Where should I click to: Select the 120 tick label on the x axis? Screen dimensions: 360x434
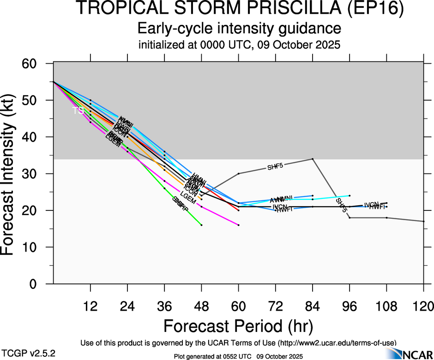[423, 306]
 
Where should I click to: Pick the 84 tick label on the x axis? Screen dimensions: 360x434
[313, 306]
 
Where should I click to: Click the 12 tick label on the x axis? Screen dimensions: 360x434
[90, 306]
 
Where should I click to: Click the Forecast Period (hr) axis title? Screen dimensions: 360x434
[238, 326]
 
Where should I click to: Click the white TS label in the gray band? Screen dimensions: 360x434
[78, 110]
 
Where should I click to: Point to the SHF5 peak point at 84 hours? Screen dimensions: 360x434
[313, 159]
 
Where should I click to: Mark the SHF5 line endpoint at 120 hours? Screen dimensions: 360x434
[423, 222]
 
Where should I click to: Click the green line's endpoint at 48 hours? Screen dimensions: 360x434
[201, 225]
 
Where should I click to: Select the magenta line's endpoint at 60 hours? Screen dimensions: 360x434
[238, 225]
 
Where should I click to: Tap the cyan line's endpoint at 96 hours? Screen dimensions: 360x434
[350, 196]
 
